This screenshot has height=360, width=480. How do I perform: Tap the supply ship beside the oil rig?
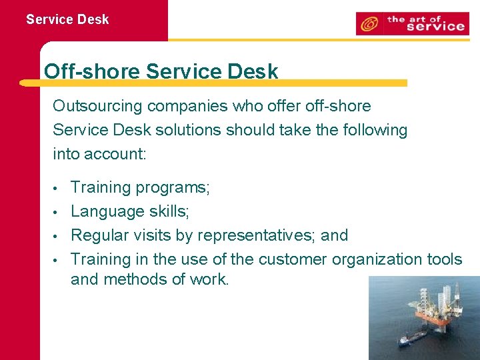414,339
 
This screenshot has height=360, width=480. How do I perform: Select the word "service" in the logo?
435,27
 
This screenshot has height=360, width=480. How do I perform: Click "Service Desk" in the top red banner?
67,19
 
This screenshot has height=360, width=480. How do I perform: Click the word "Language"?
102,211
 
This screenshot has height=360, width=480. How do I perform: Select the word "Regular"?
98,235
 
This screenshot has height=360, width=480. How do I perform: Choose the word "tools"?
445,259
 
